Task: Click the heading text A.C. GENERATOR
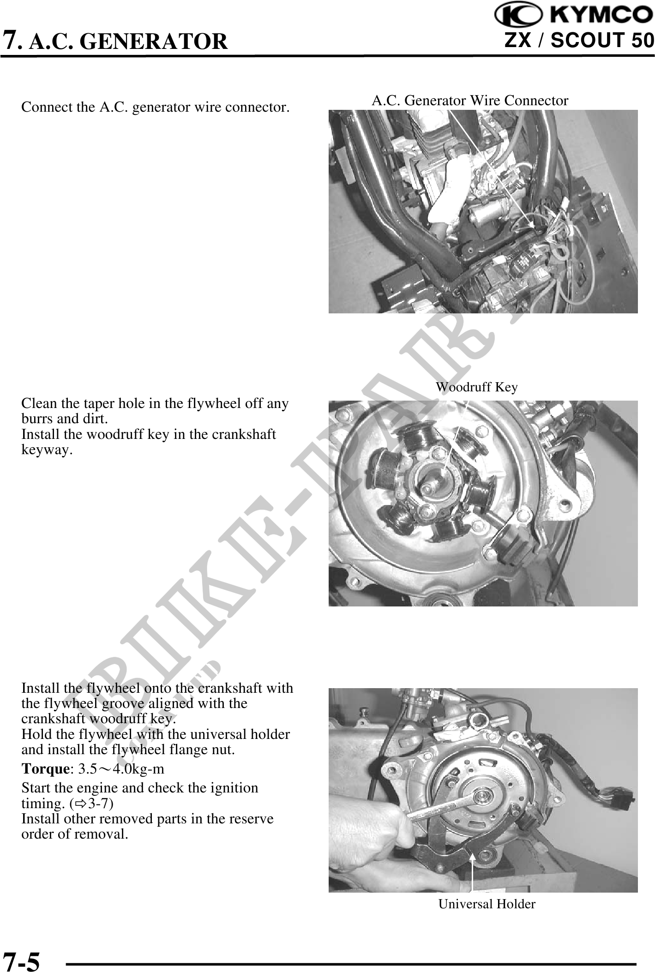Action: coord(128,41)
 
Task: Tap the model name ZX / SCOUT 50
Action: coord(579,41)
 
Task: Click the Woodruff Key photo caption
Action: coord(477,387)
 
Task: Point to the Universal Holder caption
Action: coord(487,904)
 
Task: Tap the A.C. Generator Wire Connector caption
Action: coord(470,100)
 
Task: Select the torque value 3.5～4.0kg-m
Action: coord(121,769)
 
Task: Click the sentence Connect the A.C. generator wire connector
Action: coord(156,108)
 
